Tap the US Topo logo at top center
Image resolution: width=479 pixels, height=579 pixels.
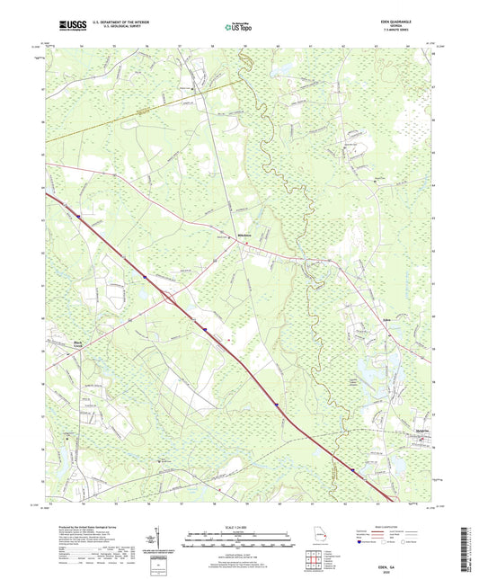point(237,28)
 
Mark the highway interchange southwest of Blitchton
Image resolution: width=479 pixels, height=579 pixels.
point(168,297)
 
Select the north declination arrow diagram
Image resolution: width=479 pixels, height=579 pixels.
point(161,539)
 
